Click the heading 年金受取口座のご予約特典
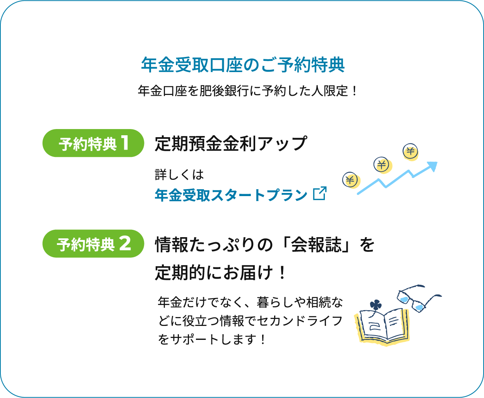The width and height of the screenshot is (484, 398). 243,65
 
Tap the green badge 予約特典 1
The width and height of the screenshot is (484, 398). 93,143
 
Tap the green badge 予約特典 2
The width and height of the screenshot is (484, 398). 93,244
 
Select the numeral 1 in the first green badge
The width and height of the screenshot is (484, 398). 125,143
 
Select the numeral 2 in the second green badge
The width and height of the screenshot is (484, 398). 125,244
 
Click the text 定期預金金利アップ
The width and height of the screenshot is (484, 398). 231,143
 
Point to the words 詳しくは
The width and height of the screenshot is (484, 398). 179,175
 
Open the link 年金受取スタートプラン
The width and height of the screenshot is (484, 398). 231,195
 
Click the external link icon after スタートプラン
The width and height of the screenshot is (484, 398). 320,193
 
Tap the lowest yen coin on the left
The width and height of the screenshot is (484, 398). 350,180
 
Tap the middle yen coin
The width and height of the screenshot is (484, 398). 381,165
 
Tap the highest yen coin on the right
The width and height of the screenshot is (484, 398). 410,151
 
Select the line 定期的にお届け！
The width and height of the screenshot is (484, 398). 221,273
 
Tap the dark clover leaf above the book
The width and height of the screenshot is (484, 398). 375,305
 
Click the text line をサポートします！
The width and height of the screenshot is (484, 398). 212,339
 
